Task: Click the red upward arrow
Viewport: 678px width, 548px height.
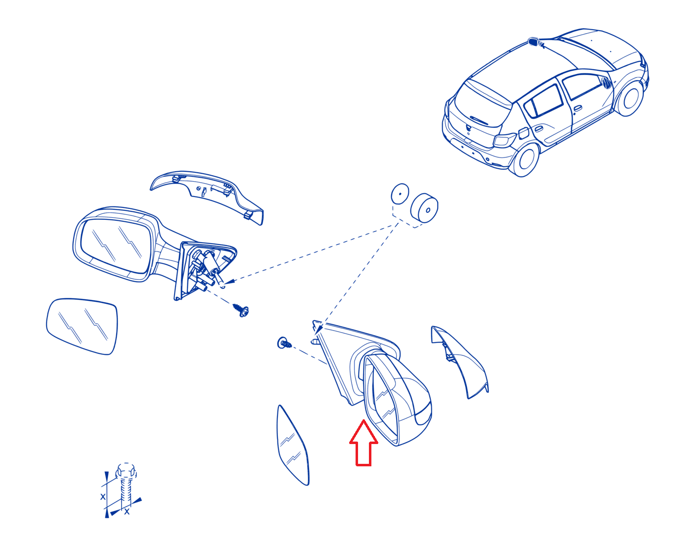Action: pos(363,445)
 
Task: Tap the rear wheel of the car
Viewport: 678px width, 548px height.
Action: pos(526,159)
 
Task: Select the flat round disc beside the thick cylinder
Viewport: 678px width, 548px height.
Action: pos(400,194)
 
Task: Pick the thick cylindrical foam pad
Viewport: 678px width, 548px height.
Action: pos(424,208)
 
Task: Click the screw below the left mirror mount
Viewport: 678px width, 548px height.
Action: pos(241,310)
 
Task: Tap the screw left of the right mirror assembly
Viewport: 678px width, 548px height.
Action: pos(284,343)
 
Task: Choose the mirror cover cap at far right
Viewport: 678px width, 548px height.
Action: pos(459,361)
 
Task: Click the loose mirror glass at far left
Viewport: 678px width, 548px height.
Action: pos(82,326)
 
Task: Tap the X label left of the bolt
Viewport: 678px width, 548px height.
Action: pos(103,497)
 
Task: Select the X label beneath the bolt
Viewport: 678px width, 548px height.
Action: pos(127,511)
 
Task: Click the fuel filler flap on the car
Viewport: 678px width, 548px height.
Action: pos(523,133)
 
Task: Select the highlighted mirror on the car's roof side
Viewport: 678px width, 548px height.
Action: pos(533,42)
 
